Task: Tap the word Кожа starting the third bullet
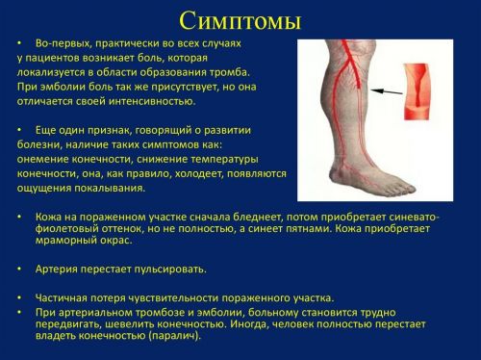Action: point(49,219)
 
